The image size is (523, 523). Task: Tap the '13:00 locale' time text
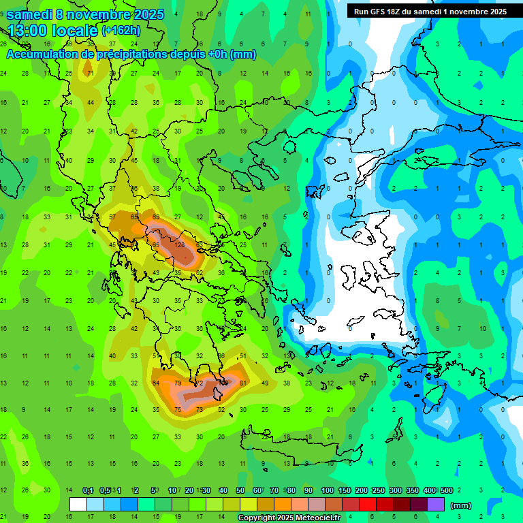point(52,31)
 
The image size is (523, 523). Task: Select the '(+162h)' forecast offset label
point(121,31)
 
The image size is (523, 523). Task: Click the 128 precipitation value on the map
point(180,245)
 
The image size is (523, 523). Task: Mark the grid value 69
point(156,217)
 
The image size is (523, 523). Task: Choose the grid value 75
point(178,410)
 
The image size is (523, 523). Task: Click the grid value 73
point(200,410)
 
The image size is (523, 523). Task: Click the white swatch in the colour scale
point(78,505)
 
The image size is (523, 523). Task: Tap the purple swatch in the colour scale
point(436,505)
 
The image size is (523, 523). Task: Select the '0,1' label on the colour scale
point(88,490)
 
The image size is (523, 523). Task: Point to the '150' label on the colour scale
point(345,490)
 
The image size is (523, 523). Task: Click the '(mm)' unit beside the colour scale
point(461,505)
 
